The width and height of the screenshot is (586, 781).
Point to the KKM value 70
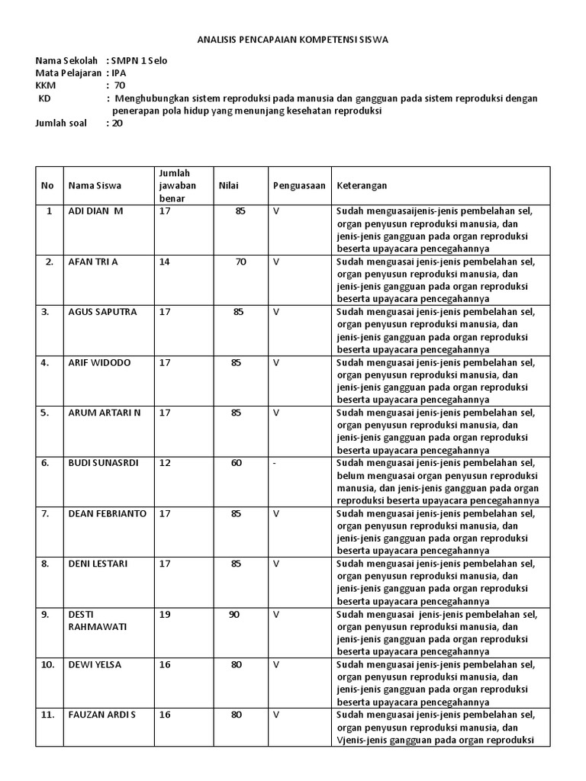click(x=119, y=85)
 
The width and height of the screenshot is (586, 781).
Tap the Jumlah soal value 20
click(x=117, y=123)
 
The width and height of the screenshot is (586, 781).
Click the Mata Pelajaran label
click(x=69, y=72)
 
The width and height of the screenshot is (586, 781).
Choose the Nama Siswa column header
click(x=95, y=185)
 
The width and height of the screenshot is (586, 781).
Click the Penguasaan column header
click(x=299, y=185)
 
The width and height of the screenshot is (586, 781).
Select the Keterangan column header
click(x=362, y=185)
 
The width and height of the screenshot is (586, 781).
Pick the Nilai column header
click(x=229, y=185)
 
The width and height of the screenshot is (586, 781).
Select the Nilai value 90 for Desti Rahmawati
click(x=233, y=614)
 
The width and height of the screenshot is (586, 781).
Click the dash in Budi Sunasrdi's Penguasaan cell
click(x=275, y=463)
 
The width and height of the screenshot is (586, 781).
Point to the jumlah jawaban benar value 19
click(x=165, y=614)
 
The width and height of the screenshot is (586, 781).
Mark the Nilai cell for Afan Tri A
click(x=240, y=262)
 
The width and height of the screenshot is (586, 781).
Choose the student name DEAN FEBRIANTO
click(x=107, y=513)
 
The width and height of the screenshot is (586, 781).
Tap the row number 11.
click(x=47, y=715)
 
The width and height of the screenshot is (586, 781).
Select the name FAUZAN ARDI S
click(x=101, y=715)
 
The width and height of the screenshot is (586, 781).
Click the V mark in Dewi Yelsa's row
click(x=276, y=664)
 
